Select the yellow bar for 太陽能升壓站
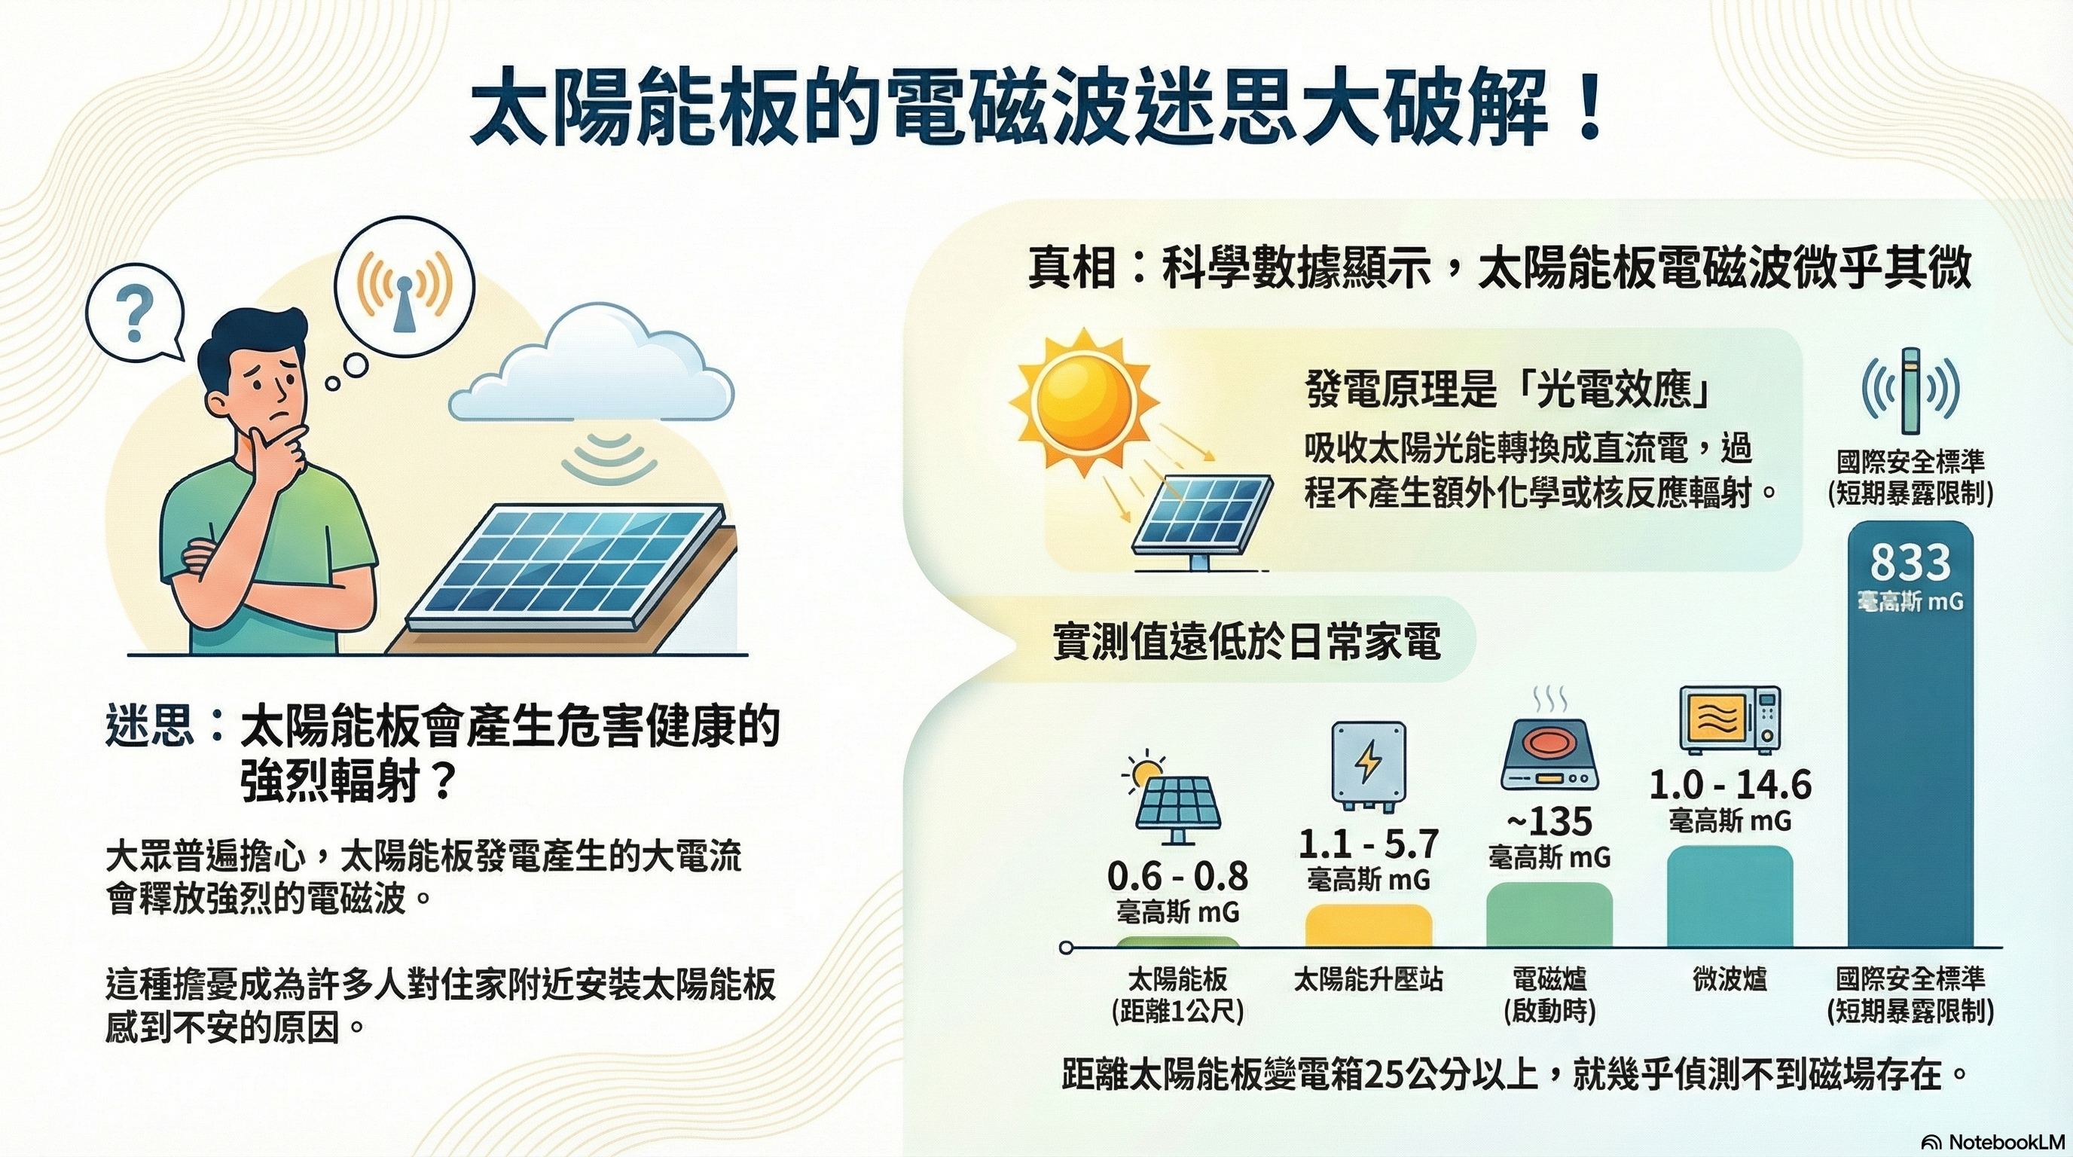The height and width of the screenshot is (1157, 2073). pos(1368,925)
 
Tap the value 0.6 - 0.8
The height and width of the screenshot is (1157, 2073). pos(1177,876)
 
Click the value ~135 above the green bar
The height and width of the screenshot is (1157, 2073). pos(1549,822)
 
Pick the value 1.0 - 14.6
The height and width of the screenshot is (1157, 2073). pos(1730,784)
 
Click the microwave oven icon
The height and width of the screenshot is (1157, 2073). pos(1730,720)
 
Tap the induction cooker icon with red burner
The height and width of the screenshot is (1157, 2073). pos(1549,760)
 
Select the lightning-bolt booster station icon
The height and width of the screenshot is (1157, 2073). pos(1368,765)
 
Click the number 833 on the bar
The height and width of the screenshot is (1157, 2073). pos(1910,563)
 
